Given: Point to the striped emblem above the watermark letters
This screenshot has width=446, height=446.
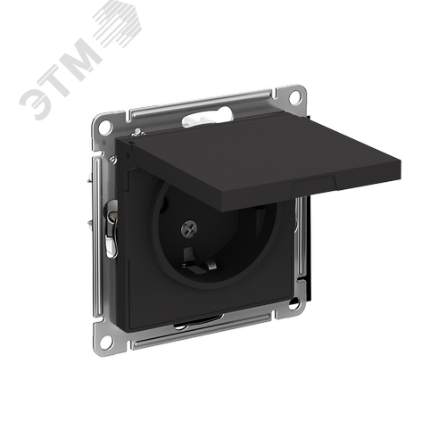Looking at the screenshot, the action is (119, 25).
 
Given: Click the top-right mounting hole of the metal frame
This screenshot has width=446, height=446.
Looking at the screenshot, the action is (294, 95).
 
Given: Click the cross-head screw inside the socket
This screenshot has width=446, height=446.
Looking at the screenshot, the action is (189, 228).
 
